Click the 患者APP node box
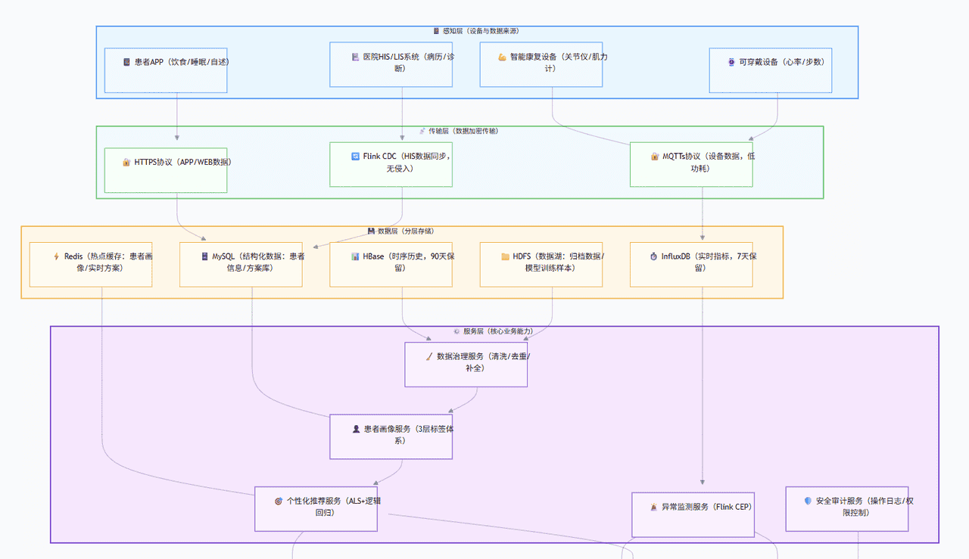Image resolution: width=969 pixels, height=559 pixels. (166, 70)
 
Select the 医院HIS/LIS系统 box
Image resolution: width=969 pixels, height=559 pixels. (391, 64)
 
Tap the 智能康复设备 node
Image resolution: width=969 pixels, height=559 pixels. (541, 64)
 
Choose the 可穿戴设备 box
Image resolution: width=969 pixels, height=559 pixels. (771, 70)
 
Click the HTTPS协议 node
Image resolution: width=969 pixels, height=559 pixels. (166, 170)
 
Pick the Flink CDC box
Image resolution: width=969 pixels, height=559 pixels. (391, 164)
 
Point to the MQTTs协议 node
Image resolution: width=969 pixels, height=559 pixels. (691, 164)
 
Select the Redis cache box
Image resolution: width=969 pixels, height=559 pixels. (91, 264)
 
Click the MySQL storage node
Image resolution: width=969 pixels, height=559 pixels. (241, 264)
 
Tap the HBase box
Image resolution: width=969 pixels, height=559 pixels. (391, 264)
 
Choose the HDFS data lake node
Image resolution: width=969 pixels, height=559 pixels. (541, 264)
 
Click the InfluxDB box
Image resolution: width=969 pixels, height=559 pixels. (691, 264)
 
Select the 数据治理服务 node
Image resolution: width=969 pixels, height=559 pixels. (466, 364)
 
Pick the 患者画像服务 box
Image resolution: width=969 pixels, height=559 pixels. (391, 436)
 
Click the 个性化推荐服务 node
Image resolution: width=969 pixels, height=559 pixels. (316, 508)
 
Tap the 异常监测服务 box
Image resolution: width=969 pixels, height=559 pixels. (693, 515)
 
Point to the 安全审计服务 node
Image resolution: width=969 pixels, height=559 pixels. (846, 508)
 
